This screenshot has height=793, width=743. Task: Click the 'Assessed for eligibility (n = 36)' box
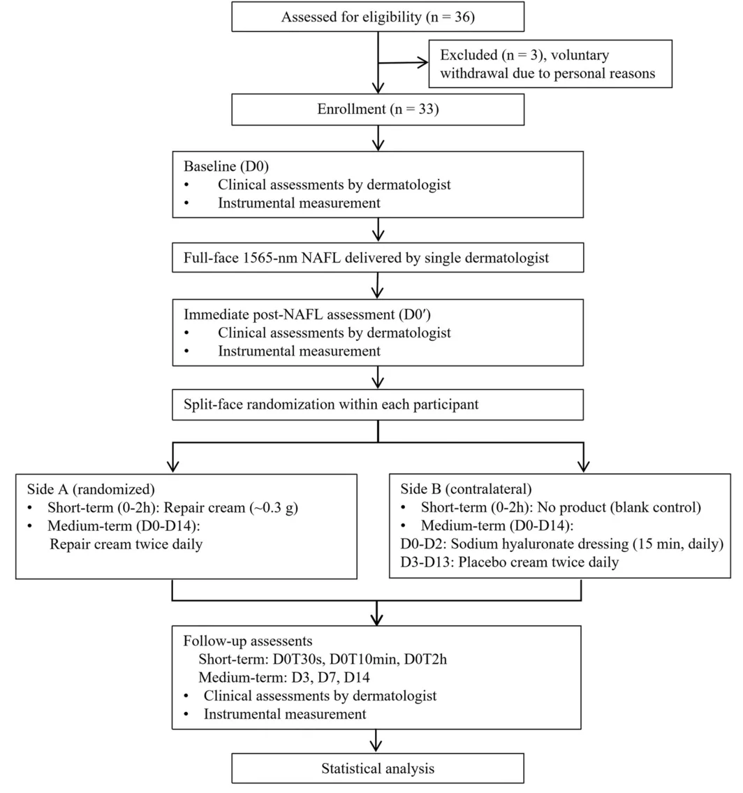(x=378, y=17)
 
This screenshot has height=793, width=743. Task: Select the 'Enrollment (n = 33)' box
(x=378, y=109)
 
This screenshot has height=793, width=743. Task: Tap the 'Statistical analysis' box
(x=378, y=769)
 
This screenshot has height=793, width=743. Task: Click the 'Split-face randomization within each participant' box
(x=378, y=405)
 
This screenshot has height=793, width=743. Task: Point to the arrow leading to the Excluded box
(x=403, y=63)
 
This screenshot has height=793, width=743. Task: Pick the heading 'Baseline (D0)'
(x=226, y=166)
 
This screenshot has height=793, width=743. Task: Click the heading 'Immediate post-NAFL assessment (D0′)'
(x=307, y=314)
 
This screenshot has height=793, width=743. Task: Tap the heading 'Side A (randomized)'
(x=91, y=489)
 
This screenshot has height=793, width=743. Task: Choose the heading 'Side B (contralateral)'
(x=466, y=489)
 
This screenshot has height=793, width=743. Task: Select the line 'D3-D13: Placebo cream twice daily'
(x=510, y=562)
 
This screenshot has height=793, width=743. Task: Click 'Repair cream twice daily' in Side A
(x=126, y=544)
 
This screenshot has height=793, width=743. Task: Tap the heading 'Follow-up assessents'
(x=248, y=641)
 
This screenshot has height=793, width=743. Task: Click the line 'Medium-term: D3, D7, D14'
(x=284, y=677)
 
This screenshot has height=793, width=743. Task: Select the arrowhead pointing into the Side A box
(x=173, y=466)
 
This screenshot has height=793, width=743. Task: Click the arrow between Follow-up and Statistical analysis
(x=376, y=741)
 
